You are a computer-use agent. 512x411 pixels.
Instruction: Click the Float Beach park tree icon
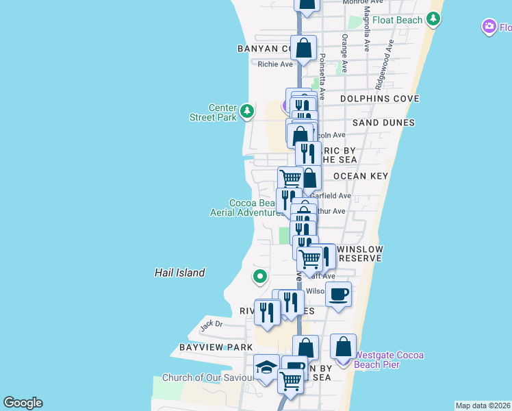tap(433, 19)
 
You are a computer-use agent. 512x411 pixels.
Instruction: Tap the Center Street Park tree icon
tap(246, 110)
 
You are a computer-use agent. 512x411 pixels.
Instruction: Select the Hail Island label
tap(179, 273)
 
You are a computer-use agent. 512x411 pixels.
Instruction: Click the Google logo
tap(23, 403)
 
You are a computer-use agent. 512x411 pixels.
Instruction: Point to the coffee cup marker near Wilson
tap(338, 295)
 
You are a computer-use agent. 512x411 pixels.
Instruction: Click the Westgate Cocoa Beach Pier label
tap(388, 360)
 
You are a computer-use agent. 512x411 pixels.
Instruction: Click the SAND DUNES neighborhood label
tap(383, 123)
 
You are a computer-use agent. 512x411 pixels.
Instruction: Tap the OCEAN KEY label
tap(361, 176)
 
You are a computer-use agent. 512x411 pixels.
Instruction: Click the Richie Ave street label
tap(274, 64)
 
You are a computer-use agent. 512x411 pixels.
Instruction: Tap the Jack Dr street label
tap(212, 324)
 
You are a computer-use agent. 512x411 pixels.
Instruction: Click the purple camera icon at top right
tap(489, 27)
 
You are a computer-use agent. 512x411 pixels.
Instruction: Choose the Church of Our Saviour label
tap(206, 377)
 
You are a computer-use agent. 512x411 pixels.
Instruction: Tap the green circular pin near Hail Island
tap(259, 277)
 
